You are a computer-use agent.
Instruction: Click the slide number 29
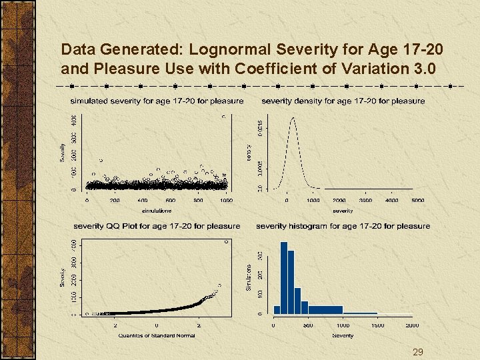click(418, 352)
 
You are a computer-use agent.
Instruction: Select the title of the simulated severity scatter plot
click(157, 101)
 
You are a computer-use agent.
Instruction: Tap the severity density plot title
click(343, 101)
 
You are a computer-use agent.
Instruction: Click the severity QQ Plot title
click(157, 226)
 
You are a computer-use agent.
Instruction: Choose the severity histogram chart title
click(343, 226)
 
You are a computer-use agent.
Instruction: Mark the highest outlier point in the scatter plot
click(223, 117)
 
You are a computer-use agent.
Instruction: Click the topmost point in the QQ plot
click(226, 242)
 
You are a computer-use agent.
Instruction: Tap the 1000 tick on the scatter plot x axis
click(227, 200)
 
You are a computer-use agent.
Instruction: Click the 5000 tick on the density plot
click(418, 200)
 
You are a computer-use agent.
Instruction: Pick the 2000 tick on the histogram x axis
click(412, 325)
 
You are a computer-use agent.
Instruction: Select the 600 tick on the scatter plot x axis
click(171, 200)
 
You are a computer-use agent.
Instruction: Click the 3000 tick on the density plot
click(365, 200)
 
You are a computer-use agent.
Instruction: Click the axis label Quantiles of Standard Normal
click(157, 335)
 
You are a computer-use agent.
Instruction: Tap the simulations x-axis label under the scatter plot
click(157, 210)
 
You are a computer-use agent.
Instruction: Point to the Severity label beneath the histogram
click(343, 335)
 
